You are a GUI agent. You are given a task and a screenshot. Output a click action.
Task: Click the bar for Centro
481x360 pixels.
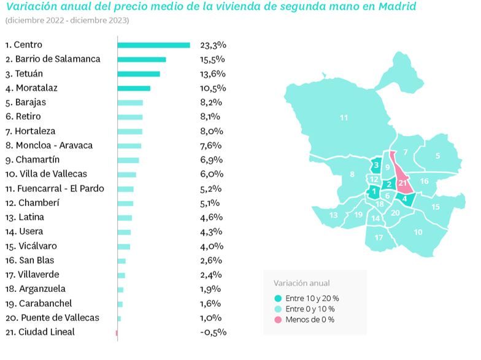pos(153,45)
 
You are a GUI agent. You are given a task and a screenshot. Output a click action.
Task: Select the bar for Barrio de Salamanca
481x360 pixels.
pos(142,59)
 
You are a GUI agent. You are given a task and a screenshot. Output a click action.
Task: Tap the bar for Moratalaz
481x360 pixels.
pos(134,88)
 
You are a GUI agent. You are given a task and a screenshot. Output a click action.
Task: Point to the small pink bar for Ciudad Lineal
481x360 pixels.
pos(116,332)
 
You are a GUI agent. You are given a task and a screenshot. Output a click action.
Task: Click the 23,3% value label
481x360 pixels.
pos(213,45)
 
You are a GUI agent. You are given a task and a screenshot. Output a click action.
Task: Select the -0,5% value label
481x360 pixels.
pos(213,332)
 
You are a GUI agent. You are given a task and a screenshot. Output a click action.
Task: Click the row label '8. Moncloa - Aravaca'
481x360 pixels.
pos(49,145)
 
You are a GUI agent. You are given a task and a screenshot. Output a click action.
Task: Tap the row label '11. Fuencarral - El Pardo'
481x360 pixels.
pos(55,189)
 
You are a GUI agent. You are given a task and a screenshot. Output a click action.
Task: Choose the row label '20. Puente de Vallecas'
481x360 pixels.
pos(52,318)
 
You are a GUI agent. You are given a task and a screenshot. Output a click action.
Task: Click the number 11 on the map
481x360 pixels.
pos(344,117)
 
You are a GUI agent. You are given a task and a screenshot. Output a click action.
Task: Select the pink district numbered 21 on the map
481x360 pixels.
pos(402,183)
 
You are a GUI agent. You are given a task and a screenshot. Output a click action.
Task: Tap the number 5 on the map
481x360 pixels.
pos(437,156)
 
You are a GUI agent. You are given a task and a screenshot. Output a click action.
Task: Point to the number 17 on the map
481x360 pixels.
pos(379,237)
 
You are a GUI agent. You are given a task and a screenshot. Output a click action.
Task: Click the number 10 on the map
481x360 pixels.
pos(418,232)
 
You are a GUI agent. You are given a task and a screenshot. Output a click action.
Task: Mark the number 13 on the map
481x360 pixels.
pos(333,215)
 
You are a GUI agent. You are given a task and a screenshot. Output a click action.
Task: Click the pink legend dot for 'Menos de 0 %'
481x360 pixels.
pos(278,320)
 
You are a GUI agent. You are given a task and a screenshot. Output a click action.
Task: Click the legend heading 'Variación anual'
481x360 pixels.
pos(301,283)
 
